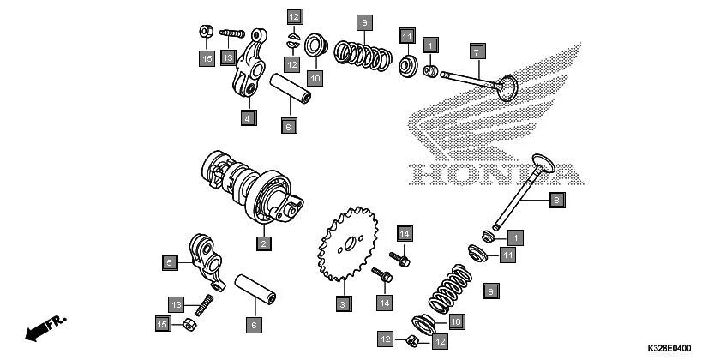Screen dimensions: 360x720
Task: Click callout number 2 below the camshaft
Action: pyautogui.click(x=264, y=243)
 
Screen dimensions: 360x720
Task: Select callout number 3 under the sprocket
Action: pyautogui.click(x=342, y=303)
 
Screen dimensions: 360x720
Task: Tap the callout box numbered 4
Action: pyautogui.click(x=247, y=117)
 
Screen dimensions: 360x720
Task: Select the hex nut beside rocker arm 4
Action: pyautogui.click(x=206, y=33)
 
